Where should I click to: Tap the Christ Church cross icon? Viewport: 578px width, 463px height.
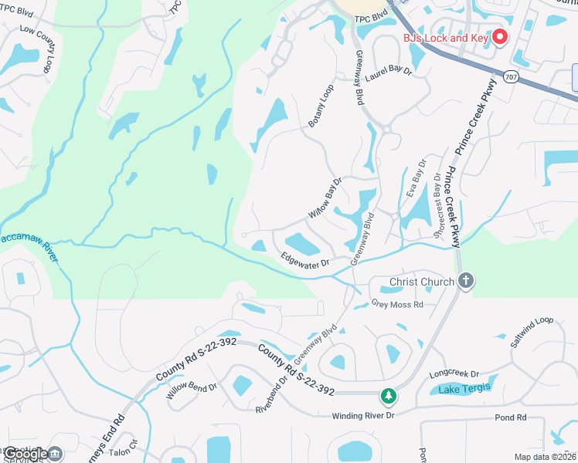465,281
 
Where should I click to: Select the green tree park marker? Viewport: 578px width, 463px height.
388,396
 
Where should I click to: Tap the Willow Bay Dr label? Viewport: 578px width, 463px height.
325,198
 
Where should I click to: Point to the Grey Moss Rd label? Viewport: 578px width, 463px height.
398,304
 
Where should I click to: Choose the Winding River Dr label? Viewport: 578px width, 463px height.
363,416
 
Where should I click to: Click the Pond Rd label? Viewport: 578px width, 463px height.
511,417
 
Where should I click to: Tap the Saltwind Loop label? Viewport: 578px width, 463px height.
532,331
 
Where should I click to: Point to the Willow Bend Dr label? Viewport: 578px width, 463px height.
192,385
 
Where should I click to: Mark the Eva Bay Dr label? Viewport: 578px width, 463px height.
415,178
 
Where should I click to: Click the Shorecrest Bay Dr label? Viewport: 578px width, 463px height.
441,206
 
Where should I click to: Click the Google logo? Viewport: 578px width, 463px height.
26,454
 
